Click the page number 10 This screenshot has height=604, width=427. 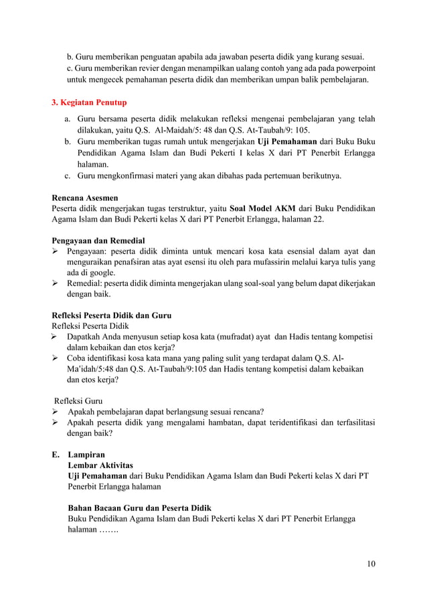pyautogui.click(x=371, y=563)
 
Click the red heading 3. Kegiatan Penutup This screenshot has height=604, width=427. pyautogui.click(x=89, y=103)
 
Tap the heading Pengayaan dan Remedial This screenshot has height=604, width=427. pyautogui.click(x=98, y=240)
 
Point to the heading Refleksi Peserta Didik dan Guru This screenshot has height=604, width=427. pyautogui.click(x=112, y=315)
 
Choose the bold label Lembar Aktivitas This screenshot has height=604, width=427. pyautogui.click(x=100, y=465)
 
